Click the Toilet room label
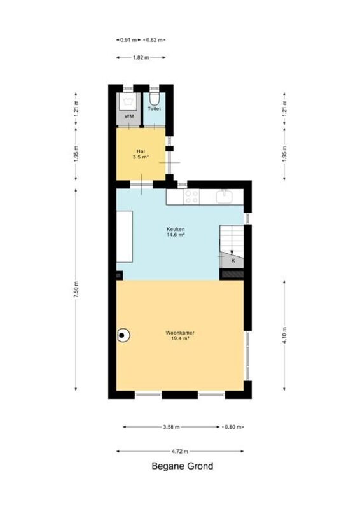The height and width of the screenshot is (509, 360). [x=154, y=108]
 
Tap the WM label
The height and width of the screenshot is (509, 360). [x=129, y=116]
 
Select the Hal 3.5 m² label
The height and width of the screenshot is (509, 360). [x=141, y=154]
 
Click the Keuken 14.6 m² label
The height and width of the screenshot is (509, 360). [x=176, y=232]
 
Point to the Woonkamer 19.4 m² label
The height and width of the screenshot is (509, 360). [x=180, y=335]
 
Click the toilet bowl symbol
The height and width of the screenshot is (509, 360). [x=154, y=99]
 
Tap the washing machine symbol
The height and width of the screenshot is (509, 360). [x=129, y=102]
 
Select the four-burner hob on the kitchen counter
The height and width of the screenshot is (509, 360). [x=191, y=197]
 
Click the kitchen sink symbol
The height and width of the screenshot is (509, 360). [x=224, y=196]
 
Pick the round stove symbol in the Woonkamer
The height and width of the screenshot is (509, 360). [x=123, y=335]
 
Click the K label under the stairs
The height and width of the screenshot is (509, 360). [x=233, y=261]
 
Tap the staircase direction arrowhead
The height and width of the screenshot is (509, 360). [x=232, y=253]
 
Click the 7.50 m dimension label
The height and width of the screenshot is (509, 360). [x=76, y=289]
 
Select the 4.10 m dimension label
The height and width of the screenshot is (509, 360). [x=284, y=336]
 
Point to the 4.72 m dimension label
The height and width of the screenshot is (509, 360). [x=180, y=451]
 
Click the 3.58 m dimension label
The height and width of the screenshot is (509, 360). [x=171, y=427]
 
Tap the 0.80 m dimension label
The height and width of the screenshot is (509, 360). [x=233, y=427]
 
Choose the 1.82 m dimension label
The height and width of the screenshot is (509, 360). [x=141, y=57]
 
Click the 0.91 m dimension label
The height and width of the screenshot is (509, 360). [x=128, y=40]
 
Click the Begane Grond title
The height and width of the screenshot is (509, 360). [x=183, y=466]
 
